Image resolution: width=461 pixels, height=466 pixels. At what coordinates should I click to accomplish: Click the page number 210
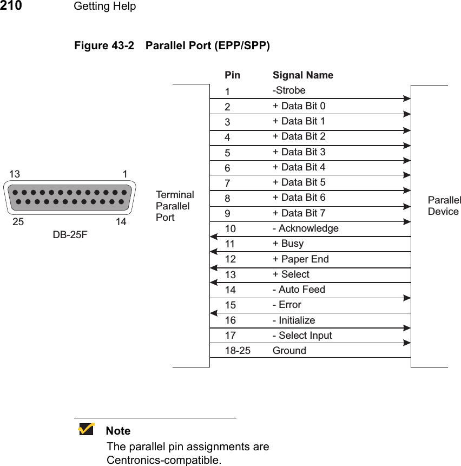pyautogui.click(x=11, y=6)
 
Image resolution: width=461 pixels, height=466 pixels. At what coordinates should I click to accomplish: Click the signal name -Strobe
pyautogui.click(x=289, y=90)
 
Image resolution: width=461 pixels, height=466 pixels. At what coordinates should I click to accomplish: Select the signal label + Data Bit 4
pyautogui.click(x=299, y=167)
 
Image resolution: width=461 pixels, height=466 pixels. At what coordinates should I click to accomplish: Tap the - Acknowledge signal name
pyautogui.click(x=305, y=228)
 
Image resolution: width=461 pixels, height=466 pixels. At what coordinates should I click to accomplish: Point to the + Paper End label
pyautogui.click(x=300, y=259)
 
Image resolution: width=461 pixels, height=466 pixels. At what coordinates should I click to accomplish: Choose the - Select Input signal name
pyautogui.click(x=302, y=336)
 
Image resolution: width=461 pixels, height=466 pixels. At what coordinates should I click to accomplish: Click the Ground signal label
pyautogui.click(x=289, y=351)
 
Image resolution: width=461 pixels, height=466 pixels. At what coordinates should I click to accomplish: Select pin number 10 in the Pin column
pyautogui.click(x=230, y=229)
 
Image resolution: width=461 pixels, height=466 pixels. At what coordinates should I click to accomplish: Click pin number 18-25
pyautogui.click(x=238, y=351)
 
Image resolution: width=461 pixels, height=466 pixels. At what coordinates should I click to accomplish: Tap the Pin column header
pyautogui.click(x=232, y=75)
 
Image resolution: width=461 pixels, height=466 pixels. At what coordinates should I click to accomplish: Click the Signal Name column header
pyautogui.click(x=302, y=75)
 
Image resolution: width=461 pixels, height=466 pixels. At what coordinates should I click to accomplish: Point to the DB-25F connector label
pyautogui.click(x=70, y=235)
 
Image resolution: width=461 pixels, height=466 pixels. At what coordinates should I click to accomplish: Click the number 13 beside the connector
pyautogui.click(x=15, y=174)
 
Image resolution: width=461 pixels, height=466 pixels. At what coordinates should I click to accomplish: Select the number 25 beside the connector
pyautogui.click(x=18, y=222)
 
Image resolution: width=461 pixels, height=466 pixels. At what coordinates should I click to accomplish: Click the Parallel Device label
pyautogui.click(x=444, y=206)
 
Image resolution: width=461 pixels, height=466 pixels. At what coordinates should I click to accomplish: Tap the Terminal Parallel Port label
pyautogui.click(x=174, y=206)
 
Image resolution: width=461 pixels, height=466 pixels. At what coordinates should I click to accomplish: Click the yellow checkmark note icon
pyautogui.click(x=86, y=429)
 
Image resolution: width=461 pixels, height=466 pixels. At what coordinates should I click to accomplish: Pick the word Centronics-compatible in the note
pyautogui.click(x=163, y=461)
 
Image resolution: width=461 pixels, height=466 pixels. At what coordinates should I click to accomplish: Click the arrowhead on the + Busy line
pyautogui.click(x=213, y=252)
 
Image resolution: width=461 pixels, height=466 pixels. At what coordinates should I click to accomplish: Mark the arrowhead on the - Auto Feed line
pyautogui.click(x=407, y=298)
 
